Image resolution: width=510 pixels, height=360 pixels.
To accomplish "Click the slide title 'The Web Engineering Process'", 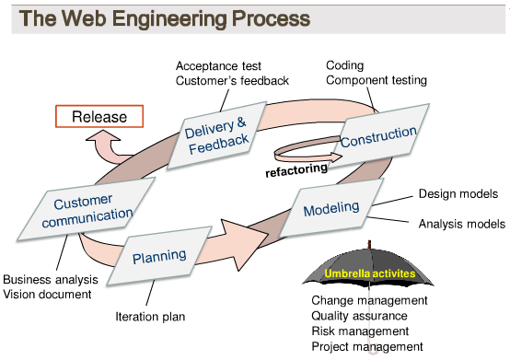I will [x=165, y=18].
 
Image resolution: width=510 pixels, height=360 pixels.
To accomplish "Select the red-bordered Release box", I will [x=99, y=117].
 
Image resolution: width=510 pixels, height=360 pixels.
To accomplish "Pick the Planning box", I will [x=158, y=255].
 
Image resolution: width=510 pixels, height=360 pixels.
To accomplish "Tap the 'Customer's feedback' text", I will [x=232, y=81].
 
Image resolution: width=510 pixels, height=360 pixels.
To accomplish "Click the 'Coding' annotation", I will [x=345, y=65].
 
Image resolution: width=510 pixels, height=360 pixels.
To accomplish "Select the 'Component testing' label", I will [x=377, y=80].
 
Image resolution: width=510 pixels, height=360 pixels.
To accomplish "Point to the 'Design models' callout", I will [x=458, y=194].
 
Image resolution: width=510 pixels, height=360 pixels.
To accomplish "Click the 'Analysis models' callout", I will [x=461, y=223].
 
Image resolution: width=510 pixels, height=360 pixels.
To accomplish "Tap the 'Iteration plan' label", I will [x=150, y=316].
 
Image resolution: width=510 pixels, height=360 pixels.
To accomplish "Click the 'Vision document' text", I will [x=47, y=295].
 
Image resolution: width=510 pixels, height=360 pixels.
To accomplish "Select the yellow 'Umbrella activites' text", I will [x=369, y=273].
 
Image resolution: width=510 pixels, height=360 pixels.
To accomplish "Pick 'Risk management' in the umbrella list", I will [x=360, y=331].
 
